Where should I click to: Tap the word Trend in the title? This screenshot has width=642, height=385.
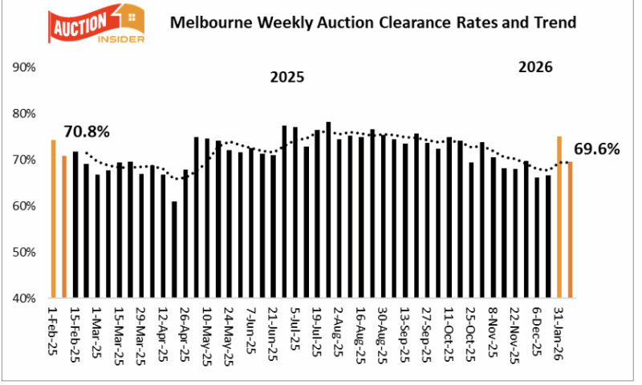pos(555,22)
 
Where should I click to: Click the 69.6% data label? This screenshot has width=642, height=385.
pos(597,148)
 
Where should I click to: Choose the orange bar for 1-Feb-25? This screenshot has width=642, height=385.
pos(53,218)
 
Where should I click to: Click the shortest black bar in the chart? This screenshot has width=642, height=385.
pos(174,249)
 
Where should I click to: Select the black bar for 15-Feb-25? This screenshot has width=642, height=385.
pos(75,225)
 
